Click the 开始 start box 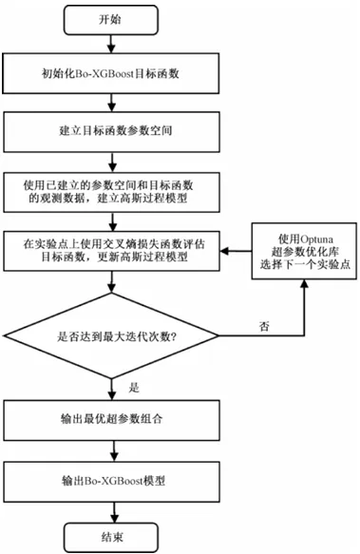[x=110, y=20]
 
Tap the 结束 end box [x=111, y=538]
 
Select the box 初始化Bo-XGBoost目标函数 [x=111, y=73]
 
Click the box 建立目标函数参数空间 [x=112, y=132]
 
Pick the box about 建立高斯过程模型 [x=112, y=192]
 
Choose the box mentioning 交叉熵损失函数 [x=112, y=251]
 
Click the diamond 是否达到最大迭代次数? [x=111, y=335]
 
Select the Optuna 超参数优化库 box [x=304, y=251]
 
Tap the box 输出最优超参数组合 [x=112, y=420]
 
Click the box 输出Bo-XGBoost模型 [x=112, y=481]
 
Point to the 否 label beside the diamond [x=264, y=326]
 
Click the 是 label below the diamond [x=134, y=388]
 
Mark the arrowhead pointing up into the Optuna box [x=304, y=283]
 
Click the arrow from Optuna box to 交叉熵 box [x=236, y=251]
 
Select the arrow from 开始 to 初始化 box [x=111, y=44]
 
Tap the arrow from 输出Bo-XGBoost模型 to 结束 [x=114, y=512]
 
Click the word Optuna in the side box [x=316, y=239]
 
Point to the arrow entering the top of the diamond [x=112, y=282]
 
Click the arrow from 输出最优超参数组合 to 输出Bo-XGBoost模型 [x=114, y=450]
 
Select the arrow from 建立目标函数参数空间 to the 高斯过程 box [x=113, y=162]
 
